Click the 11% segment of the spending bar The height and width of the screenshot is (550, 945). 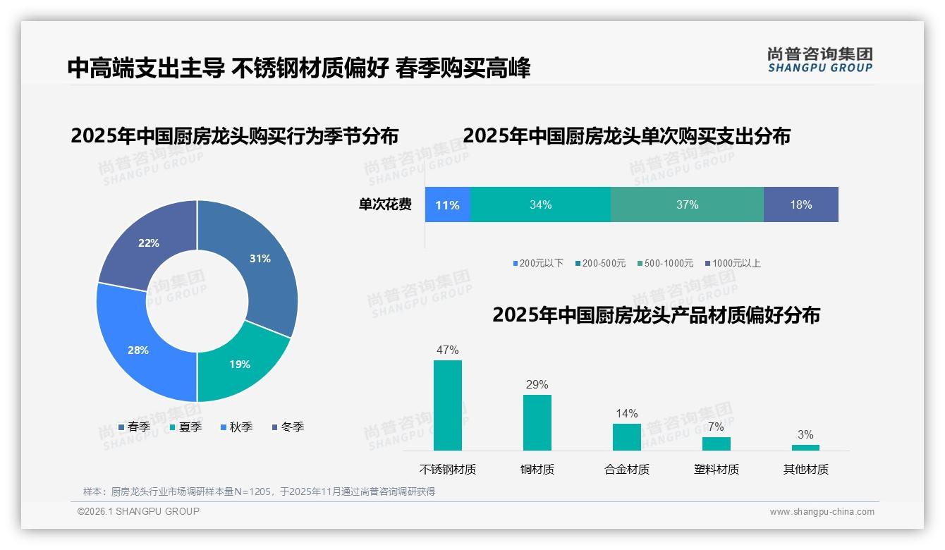click(447, 205)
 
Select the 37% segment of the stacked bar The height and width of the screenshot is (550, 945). click(687, 205)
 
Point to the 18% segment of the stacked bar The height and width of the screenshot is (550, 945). click(800, 205)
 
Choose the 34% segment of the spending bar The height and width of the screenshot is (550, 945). click(540, 205)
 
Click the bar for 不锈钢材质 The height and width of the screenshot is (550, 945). click(447, 405)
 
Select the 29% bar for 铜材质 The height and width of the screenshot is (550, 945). click(537, 422)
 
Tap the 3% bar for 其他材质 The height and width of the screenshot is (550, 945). click(805, 447)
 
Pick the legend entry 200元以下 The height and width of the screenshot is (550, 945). click(538, 263)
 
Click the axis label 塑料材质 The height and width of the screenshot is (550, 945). click(716, 469)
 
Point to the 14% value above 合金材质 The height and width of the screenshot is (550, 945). click(626, 413)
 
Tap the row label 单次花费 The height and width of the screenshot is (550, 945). click(385, 205)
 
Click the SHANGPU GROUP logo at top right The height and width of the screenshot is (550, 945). click(819, 59)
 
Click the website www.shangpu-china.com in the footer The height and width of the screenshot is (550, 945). click(822, 512)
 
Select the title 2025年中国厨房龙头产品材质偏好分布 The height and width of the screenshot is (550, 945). click(656, 315)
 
